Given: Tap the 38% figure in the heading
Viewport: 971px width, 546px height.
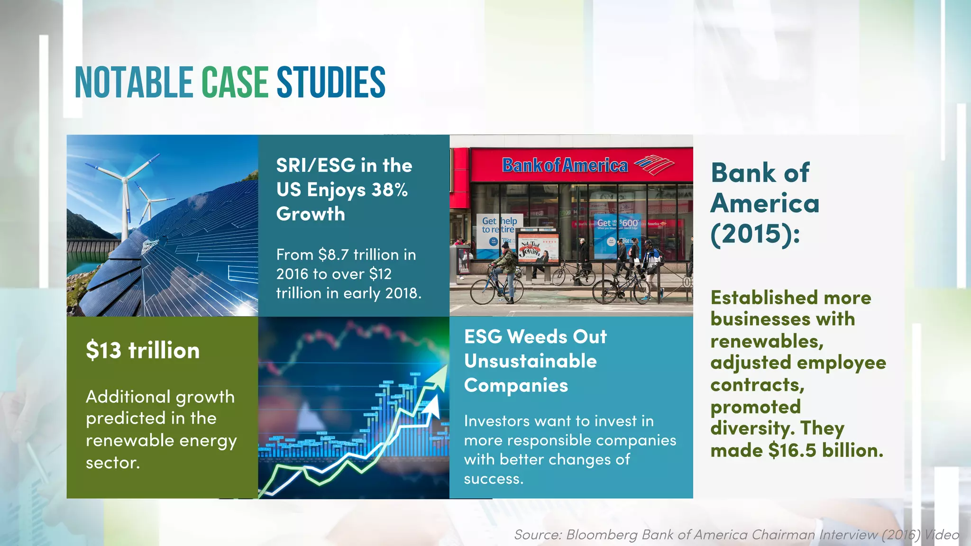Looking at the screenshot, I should click(x=389, y=190).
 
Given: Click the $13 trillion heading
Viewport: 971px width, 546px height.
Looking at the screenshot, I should click(x=142, y=351).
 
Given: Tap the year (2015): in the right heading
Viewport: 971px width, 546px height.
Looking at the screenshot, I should click(x=755, y=234).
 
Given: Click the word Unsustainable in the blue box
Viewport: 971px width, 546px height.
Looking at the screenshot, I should click(x=530, y=361).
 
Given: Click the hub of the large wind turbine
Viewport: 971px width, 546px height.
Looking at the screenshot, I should click(x=125, y=180).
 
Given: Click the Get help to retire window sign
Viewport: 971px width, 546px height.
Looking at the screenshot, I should click(x=499, y=225).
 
